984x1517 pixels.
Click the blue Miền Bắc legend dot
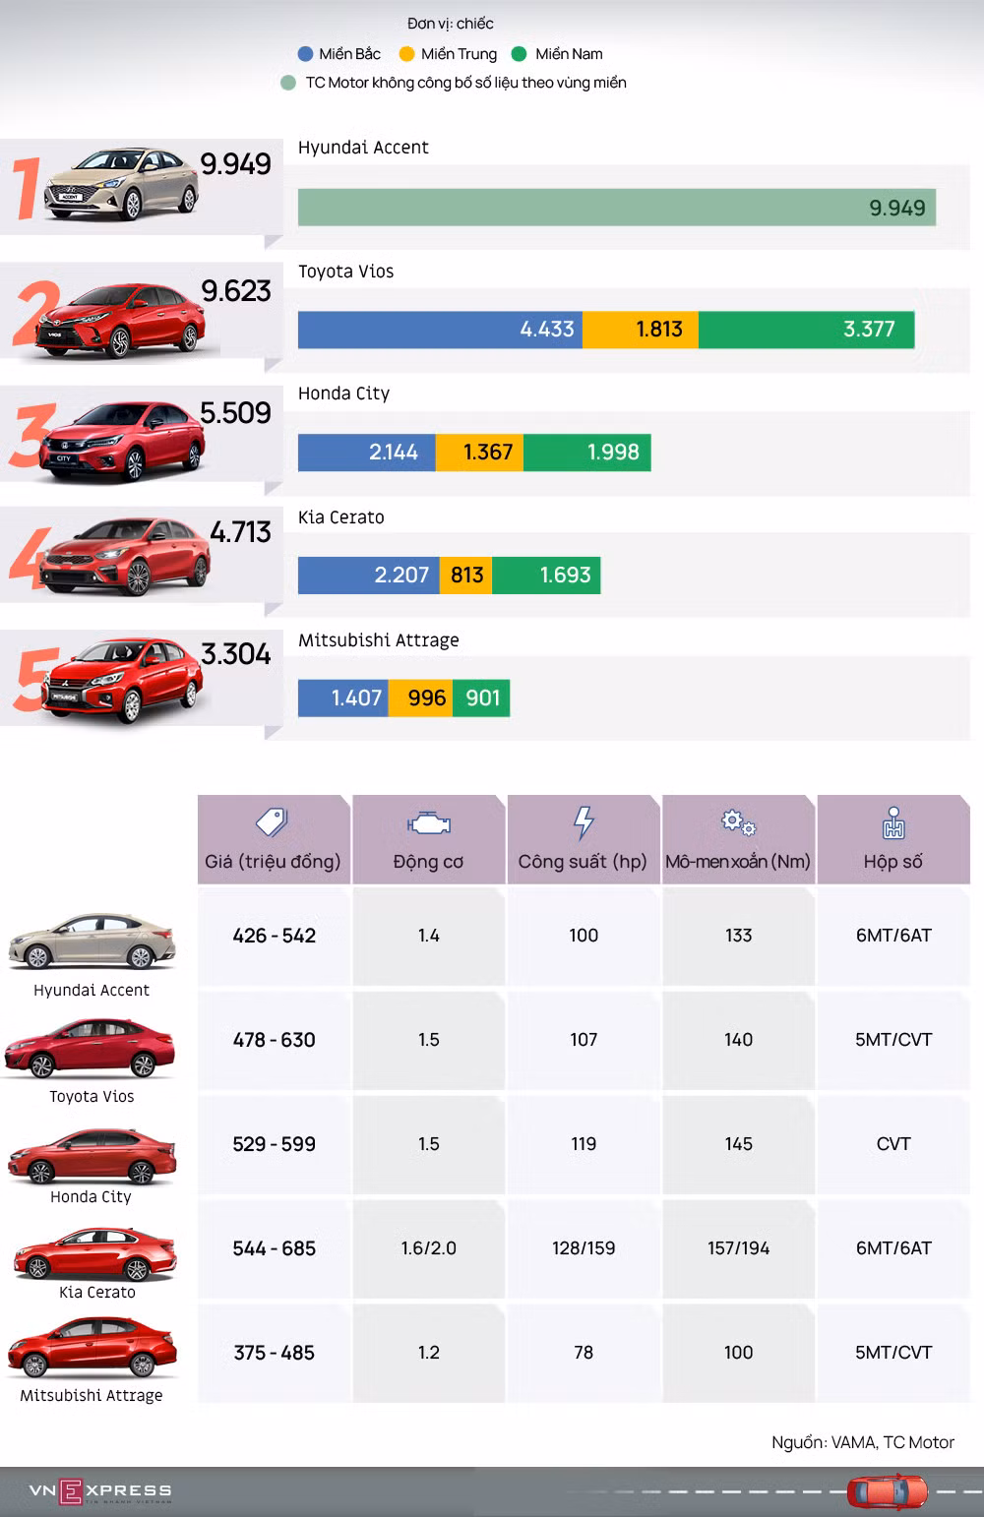click(x=305, y=54)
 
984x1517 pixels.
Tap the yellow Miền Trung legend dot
click(x=406, y=54)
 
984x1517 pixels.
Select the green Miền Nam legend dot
click(x=519, y=54)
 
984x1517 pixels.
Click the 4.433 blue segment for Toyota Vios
click(x=440, y=330)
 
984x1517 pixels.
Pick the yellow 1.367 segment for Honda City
click(x=479, y=453)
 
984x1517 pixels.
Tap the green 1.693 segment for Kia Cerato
click(x=546, y=575)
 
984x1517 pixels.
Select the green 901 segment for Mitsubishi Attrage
click(x=481, y=698)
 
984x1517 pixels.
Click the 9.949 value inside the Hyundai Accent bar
click(x=897, y=208)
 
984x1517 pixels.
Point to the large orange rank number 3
click(x=31, y=436)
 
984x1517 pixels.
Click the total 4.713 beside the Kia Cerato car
click(x=240, y=532)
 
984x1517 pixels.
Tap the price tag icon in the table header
click(x=273, y=822)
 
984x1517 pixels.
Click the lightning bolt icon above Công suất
click(x=584, y=822)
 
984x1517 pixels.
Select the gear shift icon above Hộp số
click(x=893, y=822)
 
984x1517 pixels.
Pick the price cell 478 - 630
click(x=275, y=1040)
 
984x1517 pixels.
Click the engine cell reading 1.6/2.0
click(x=429, y=1248)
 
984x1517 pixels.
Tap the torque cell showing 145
click(x=738, y=1144)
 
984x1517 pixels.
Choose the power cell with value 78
click(x=584, y=1353)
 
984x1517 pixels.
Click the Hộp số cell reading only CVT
click(x=893, y=1144)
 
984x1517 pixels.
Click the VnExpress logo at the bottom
click(x=100, y=1490)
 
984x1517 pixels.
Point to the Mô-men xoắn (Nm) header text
click(x=738, y=862)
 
